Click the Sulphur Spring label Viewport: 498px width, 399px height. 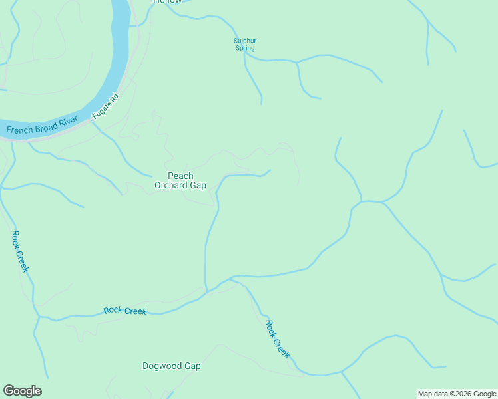click(x=245, y=45)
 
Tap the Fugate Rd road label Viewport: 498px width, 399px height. click(x=106, y=106)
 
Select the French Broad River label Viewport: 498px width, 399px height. click(x=41, y=126)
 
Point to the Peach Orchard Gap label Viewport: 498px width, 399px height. click(x=180, y=180)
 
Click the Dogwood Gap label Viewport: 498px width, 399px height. click(x=171, y=366)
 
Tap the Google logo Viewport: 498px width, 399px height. click(x=22, y=391)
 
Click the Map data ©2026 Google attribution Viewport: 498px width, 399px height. click(x=457, y=394)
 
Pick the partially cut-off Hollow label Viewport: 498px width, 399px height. click(x=167, y=2)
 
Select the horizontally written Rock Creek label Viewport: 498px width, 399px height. click(x=124, y=311)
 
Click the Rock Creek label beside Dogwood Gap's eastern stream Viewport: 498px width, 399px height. click(x=278, y=338)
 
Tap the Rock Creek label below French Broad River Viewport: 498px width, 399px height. click(x=20, y=251)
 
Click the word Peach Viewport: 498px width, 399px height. click(x=180, y=176)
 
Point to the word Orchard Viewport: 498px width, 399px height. click(x=171, y=185)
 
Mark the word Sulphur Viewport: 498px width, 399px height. click(x=245, y=41)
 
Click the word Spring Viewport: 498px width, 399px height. click(x=245, y=48)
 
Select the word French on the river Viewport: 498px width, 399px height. click(x=19, y=130)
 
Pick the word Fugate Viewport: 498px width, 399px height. click(x=103, y=111)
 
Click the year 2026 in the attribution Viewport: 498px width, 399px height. click(x=459, y=394)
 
